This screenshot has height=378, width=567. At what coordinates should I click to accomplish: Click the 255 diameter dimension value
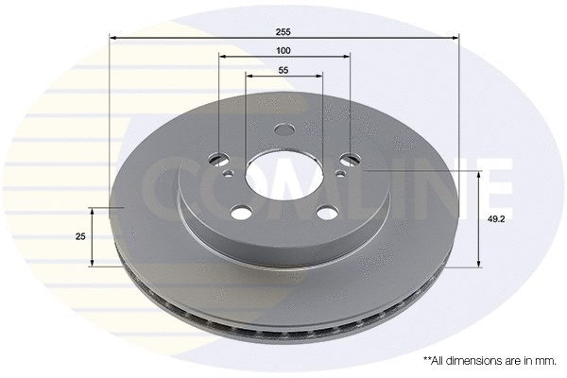(x=283, y=28)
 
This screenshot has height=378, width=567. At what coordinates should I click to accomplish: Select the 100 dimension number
(x=283, y=49)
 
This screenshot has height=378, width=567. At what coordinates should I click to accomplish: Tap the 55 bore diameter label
(x=283, y=70)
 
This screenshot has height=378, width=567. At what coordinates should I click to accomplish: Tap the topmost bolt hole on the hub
(x=284, y=132)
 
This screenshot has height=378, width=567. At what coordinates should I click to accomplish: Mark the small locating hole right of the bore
(x=340, y=173)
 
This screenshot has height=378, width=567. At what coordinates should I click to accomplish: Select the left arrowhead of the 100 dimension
(x=223, y=58)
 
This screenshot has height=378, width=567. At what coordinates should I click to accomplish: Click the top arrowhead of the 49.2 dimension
(x=480, y=175)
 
